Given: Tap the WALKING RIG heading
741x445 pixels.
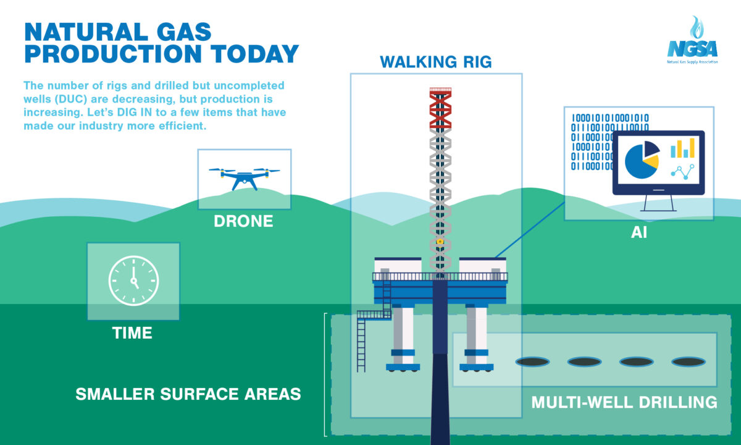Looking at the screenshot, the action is (436, 62).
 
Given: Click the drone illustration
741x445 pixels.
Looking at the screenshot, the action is (244, 179).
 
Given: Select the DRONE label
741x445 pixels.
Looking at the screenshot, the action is (243, 221).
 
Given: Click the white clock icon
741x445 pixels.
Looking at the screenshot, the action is (133, 281).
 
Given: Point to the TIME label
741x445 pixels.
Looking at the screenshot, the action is (132, 333).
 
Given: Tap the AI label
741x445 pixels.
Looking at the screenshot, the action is (638, 232).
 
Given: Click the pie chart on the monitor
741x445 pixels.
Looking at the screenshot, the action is (642, 160).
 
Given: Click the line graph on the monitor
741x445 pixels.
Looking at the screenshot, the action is (682, 172).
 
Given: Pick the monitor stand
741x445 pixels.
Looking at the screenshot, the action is (658, 203).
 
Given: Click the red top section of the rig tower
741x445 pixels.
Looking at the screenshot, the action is (440, 108).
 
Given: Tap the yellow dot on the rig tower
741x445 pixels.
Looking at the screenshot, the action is (440, 242).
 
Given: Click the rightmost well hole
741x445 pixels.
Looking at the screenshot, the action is (689, 362).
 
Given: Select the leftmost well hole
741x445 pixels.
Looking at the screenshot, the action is (532, 362).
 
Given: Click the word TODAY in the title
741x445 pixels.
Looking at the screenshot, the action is (254, 54).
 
